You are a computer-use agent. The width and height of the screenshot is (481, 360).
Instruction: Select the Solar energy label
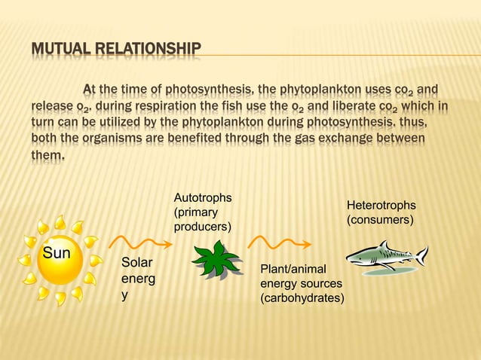pyautogui.click(x=136, y=279)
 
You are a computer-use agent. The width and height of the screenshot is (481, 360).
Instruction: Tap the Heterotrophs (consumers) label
pyautogui.click(x=381, y=212)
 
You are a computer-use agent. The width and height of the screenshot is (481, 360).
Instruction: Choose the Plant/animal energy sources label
pyautogui.click(x=302, y=284)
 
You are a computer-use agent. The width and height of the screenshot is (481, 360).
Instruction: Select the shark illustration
pyautogui.click(x=384, y=256)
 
